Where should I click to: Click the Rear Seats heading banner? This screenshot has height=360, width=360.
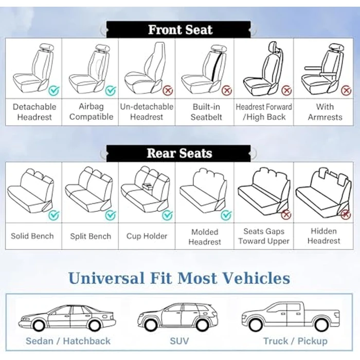coord(179,153)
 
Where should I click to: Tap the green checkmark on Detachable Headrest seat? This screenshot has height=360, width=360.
coord(54,91)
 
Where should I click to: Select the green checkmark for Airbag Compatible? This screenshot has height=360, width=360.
coord(111,91)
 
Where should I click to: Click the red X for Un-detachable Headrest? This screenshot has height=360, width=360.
coord(168,91)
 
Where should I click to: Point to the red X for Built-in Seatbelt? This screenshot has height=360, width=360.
coord(226,91)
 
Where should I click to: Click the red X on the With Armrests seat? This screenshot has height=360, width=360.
coord(345,91)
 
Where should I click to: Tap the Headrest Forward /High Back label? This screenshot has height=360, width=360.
coord(264,112)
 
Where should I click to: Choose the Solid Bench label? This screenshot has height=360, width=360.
coord(32,236)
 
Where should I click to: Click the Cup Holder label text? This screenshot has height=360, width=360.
coord(147,236)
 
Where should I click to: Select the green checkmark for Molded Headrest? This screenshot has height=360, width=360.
coord(225,215)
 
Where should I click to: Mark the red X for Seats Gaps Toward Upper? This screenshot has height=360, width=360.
coord(286,215)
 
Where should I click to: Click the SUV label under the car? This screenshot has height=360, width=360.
coord(179,341)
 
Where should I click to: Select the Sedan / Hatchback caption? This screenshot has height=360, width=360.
coord(68,341)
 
